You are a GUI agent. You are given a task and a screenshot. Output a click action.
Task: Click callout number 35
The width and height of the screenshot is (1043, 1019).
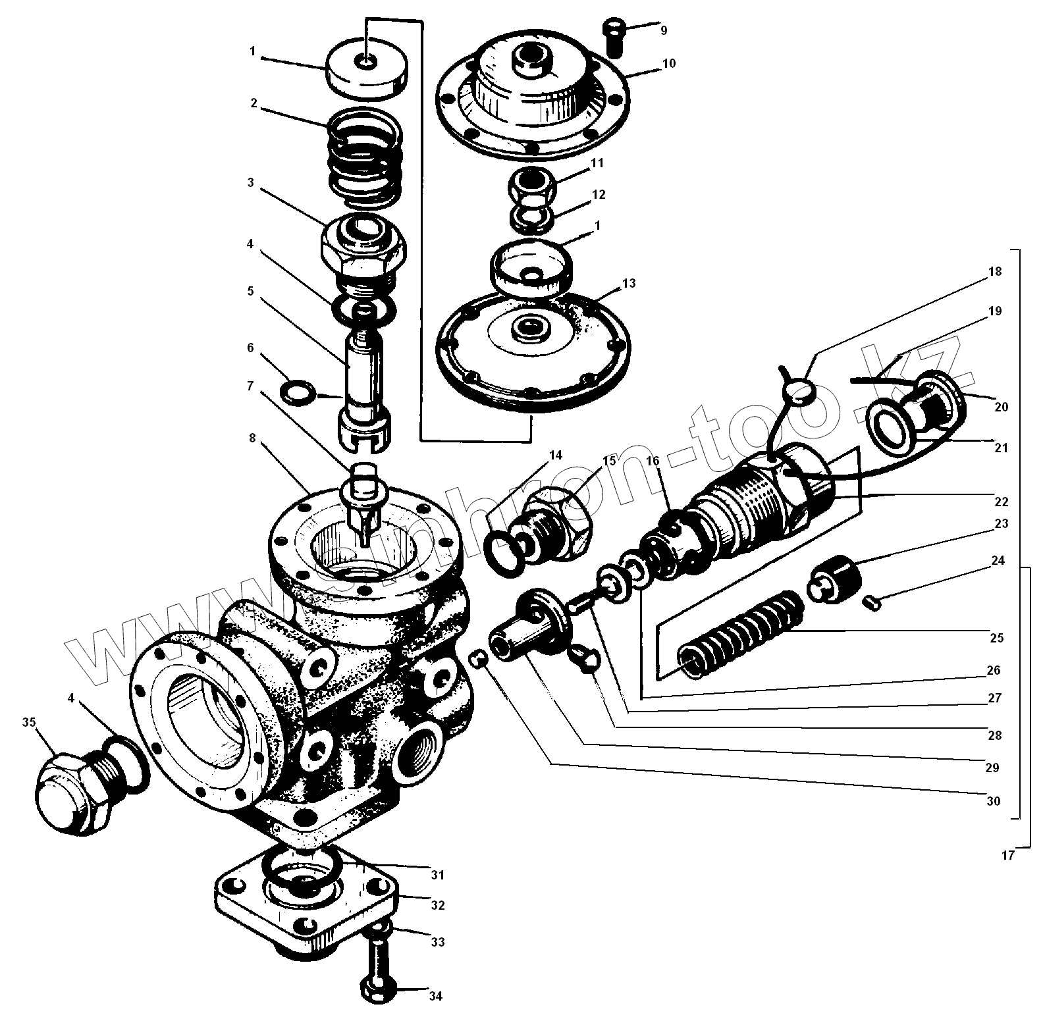pos(29,722)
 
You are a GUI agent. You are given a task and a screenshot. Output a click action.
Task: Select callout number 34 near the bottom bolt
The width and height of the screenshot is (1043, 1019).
pos(435,996)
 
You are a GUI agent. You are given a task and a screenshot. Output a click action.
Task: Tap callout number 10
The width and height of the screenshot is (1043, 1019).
pos(669,64)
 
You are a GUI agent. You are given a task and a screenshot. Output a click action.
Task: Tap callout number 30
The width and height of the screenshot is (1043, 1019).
pos(994,801)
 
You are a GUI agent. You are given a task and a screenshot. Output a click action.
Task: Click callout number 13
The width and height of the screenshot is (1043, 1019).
pos(629,283)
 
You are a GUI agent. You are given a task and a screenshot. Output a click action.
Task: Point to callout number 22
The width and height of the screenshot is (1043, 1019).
pos(1001,502)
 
